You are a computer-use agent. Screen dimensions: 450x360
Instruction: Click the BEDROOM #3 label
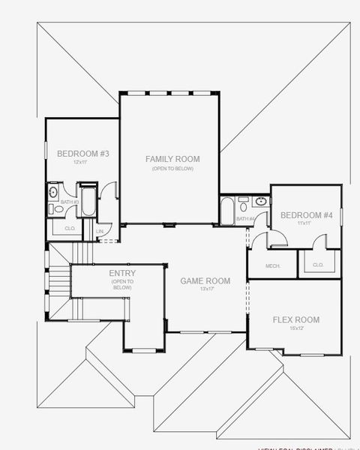point(83,154)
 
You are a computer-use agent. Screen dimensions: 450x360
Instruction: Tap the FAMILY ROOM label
point(172,159)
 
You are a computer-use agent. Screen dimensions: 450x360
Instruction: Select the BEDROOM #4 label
point(306,215)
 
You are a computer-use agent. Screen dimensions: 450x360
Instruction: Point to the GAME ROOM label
point(205,280)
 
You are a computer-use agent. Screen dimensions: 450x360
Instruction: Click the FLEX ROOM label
point(295,320)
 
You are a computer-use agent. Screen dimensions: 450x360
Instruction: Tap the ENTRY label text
point(122,273)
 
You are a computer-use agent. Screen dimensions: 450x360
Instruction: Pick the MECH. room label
point(273,266)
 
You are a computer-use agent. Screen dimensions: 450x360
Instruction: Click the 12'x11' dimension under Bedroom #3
point(82,163)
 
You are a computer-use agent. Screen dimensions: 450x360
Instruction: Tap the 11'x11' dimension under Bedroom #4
point(304,223)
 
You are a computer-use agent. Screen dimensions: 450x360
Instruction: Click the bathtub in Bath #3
point(88,203)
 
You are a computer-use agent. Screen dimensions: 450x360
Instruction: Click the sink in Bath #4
point(260,201)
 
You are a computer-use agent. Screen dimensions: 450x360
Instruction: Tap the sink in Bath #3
point(52,193)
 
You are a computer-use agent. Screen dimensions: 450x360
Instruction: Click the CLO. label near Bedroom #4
point(318,265)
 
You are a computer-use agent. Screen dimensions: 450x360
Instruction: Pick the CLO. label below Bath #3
point(70,228)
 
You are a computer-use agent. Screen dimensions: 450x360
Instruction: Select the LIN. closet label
point(100,232)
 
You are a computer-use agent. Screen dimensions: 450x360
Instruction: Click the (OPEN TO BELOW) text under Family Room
point(172,169)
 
